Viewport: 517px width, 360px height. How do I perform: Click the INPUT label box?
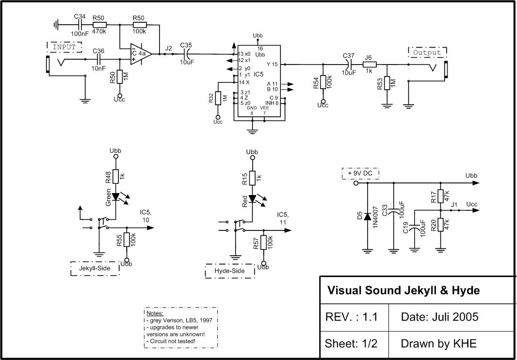[65, 47]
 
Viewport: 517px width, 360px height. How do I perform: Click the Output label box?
[427, 52]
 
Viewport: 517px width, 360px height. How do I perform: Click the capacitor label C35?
[186, 45]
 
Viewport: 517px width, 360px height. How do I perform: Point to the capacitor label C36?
[98, 51]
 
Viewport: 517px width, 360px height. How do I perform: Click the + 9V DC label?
[360, 173]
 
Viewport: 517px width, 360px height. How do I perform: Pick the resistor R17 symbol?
[440, 196]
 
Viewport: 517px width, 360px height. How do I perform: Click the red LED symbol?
[252, 199]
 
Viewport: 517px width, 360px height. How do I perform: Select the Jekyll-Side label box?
[95, 268]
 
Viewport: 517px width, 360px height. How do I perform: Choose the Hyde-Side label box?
[230, 271]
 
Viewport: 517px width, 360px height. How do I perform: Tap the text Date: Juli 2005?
[439, 317]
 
